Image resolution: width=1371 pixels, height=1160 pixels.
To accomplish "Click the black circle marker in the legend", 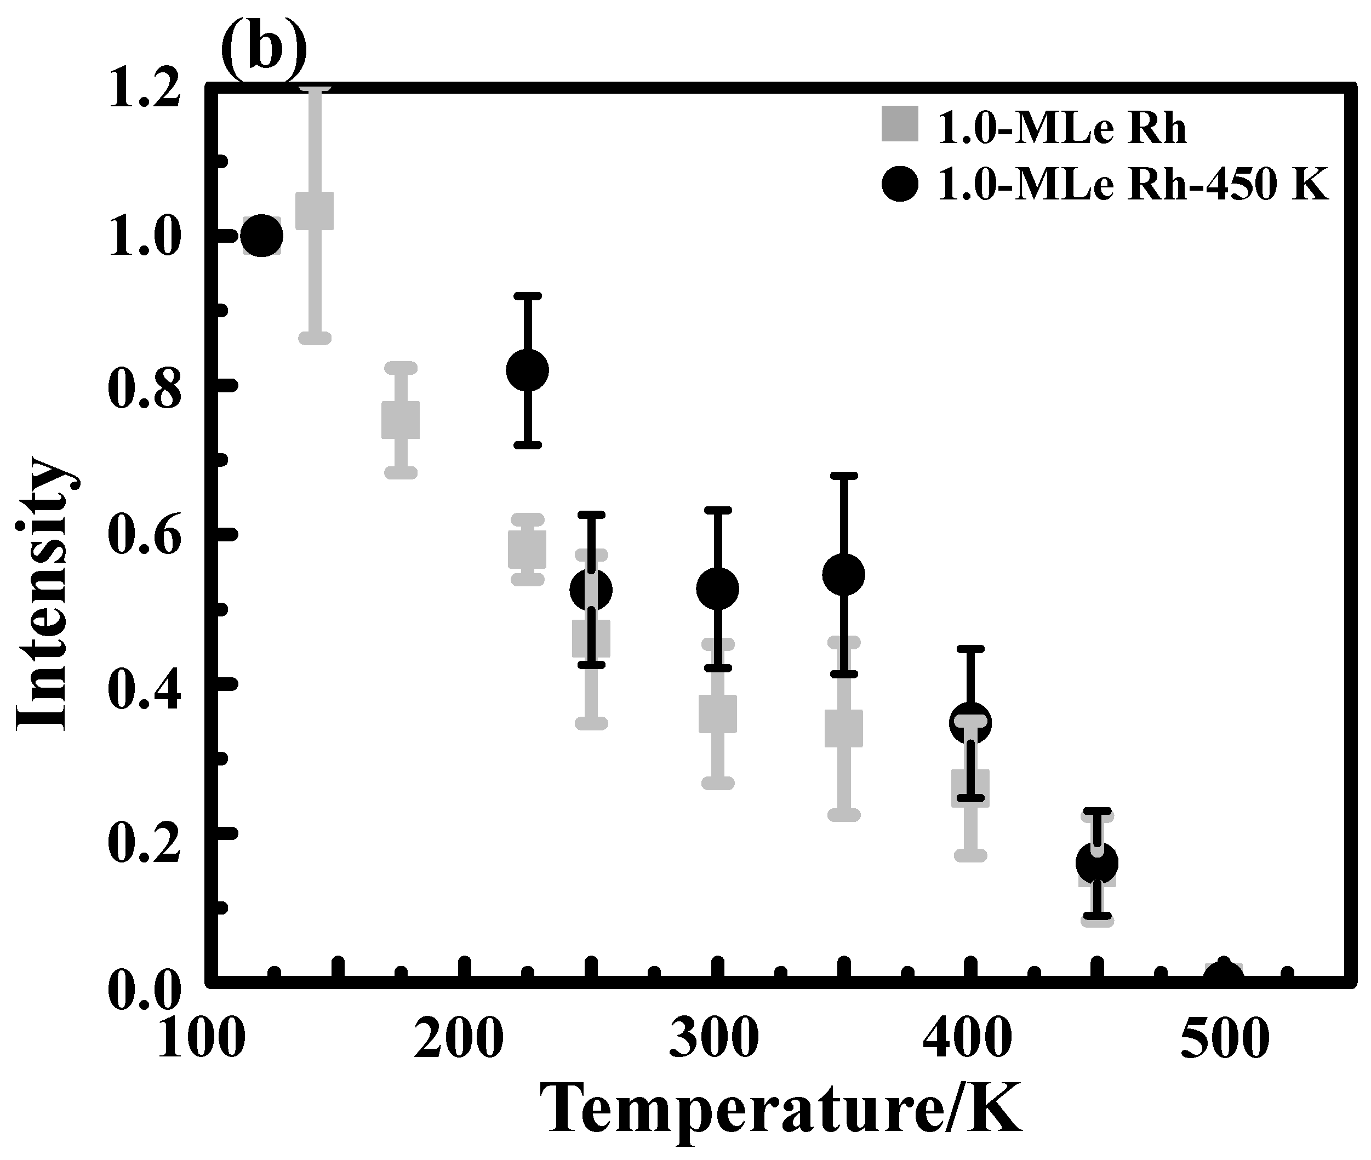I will point(900,184).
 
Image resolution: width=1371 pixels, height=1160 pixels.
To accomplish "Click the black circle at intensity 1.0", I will point(262,236).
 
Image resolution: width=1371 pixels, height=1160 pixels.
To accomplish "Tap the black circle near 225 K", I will point(527,370).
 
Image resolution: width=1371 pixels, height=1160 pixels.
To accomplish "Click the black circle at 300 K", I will point(717,588).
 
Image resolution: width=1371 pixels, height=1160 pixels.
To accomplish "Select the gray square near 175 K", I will point(401,420).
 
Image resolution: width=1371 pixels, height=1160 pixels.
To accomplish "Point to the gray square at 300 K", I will point(717,713).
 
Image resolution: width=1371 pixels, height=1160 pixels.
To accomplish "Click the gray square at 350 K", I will point(844,728).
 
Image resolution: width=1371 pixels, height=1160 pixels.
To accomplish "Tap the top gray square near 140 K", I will point(315,211).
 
